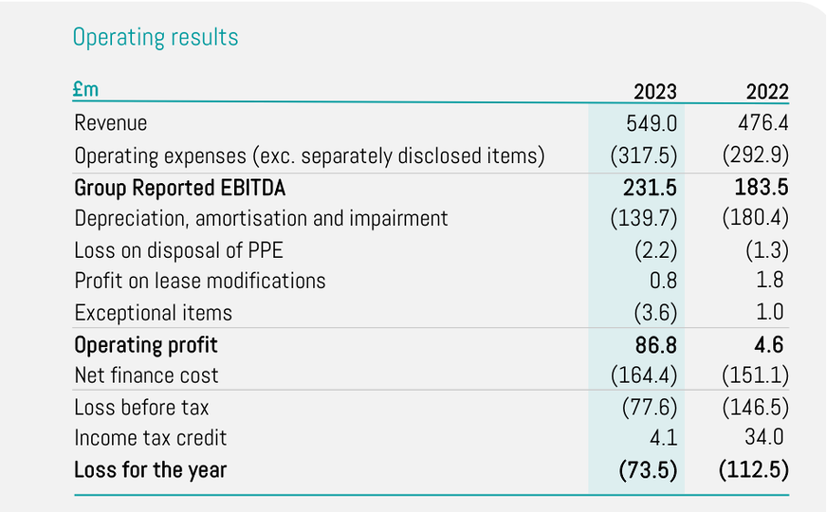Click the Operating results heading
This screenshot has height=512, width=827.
pyautogui.click(x=155, y=37)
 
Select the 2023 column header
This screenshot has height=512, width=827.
pyautogui.click(x=655, y=91)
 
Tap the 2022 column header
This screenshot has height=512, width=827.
pyautogui.click(x=767, y=91)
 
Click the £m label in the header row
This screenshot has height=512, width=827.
pyautogui.click(x=86, y=89)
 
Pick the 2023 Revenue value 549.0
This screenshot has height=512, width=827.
pyautogui.click(x=652, y=123)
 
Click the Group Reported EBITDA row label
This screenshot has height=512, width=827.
pyautogui.click(x=180, y=188)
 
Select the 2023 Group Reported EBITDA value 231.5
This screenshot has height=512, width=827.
pyautogui.click(x=652, y=188)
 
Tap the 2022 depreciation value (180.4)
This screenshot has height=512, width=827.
pyautogui.click(x=755, y=219)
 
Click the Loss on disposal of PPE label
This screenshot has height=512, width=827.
pyautogui.click(x=179, y=250)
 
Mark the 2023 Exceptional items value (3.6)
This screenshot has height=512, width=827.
pyautogui.click(x=656, y=312)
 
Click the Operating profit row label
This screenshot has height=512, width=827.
pyautogui.click(x=146, y=344)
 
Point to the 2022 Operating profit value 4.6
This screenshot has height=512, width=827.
pyautogui.click(x=769, y=344)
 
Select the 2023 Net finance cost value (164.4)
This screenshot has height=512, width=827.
pyautogui.click(x=644, y=375)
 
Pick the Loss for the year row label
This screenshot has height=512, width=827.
pyautogui.click(x=150, y=470)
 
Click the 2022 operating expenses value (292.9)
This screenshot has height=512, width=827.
pyautogui.click(x=755, y=156)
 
